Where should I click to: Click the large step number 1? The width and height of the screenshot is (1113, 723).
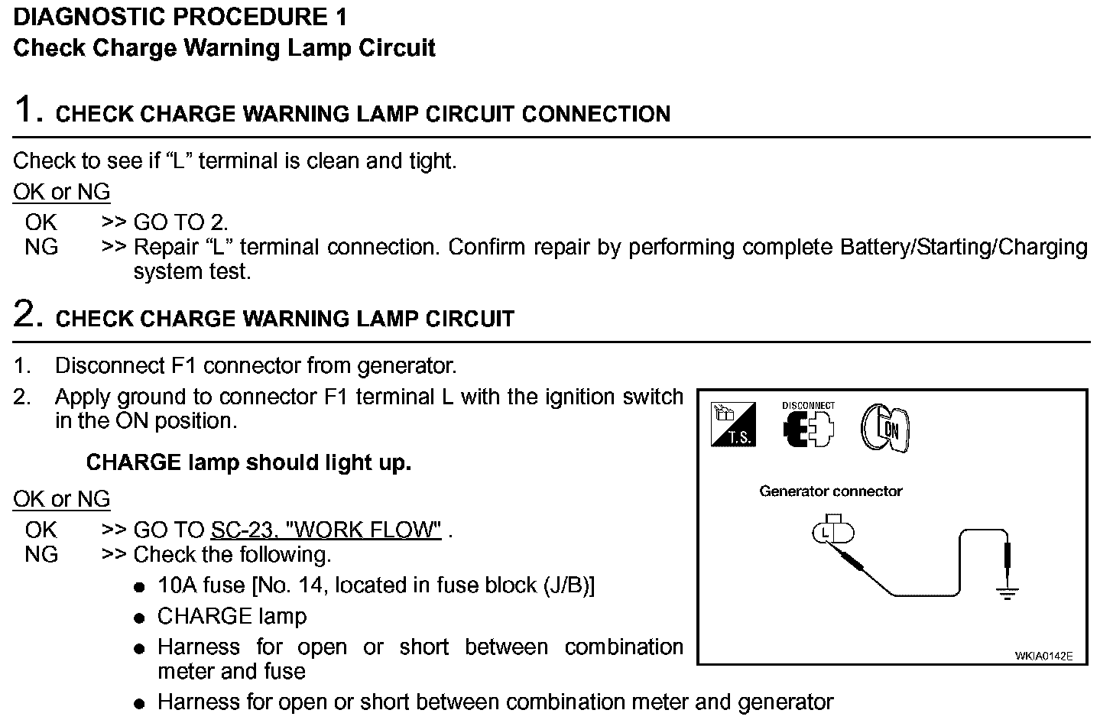pyautogui.click(x=28, y=109)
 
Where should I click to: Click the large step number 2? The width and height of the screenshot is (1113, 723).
pyautogui.click(x=28, y=314)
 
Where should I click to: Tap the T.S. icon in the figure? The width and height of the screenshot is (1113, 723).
pyautogui.click(x=733, y=425)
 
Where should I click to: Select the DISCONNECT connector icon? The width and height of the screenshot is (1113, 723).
pyautogui.click(x=808, y=426)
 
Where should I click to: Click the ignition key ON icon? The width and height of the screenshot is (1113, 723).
pyautogui.click(x=885, y=428)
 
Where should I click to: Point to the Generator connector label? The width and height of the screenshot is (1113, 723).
pyautogui.click(x=830, y=491)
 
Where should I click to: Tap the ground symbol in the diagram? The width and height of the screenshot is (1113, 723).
pyautogui.click(x=1008, y=592)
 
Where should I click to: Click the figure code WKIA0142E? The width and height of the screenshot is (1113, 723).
pyautogui.click(x=1043, y=656)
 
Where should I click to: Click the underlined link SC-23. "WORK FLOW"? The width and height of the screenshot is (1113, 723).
pyautogui.click(x=326, y=530)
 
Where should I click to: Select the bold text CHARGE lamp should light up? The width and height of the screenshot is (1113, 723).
pyautogui.click(x=248, y=462)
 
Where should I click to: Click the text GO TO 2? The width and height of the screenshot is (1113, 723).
pyautogui.click(x=180, y=222)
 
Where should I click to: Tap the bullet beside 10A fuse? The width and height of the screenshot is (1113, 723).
pyautogui.click(x=138, y=587)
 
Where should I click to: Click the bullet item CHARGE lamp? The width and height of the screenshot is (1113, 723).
pyautogui.click(x=232, y=616)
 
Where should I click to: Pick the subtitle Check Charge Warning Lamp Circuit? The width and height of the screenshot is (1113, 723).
pyautogui.click(x=224, y=48)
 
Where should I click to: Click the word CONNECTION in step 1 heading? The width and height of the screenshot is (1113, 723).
pyautogui.click(x=595, y=114)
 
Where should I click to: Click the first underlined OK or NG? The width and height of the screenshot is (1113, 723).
pyautogui.click(x=61, y=192)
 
